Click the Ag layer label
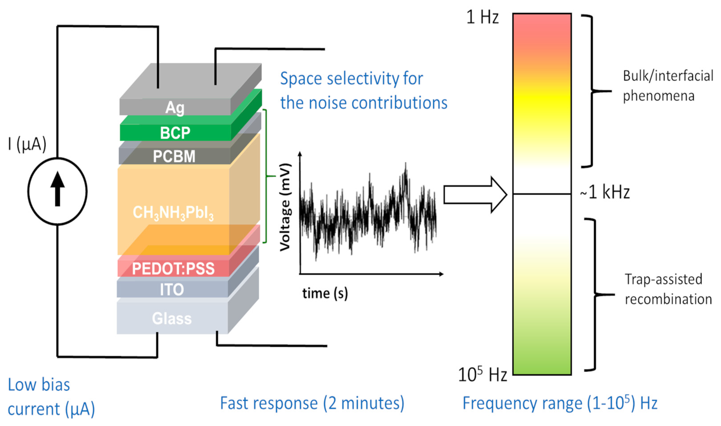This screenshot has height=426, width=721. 175,108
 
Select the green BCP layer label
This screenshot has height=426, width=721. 175,133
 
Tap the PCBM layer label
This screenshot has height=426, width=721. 174,157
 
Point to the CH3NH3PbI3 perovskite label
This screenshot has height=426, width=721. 173,213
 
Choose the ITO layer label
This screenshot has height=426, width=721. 172,289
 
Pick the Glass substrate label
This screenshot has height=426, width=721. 172,318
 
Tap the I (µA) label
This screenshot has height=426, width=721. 27,144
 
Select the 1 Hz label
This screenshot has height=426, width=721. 482,17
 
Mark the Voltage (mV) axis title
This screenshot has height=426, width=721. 285,207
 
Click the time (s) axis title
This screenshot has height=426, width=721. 325,293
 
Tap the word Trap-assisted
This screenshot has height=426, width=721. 663,279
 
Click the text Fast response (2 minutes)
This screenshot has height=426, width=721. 312,403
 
